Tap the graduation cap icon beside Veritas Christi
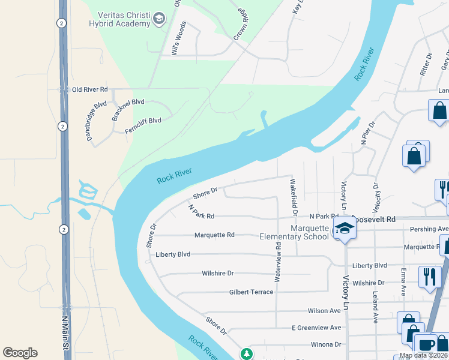click(159, 19)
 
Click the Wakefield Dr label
click(294, 197)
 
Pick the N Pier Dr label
click(367, 133)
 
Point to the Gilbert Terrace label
click(251, 292)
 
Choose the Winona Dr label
click(325, 344)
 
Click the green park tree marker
click(246, 354)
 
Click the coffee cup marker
click(427, 345)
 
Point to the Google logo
click(20, 353)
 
